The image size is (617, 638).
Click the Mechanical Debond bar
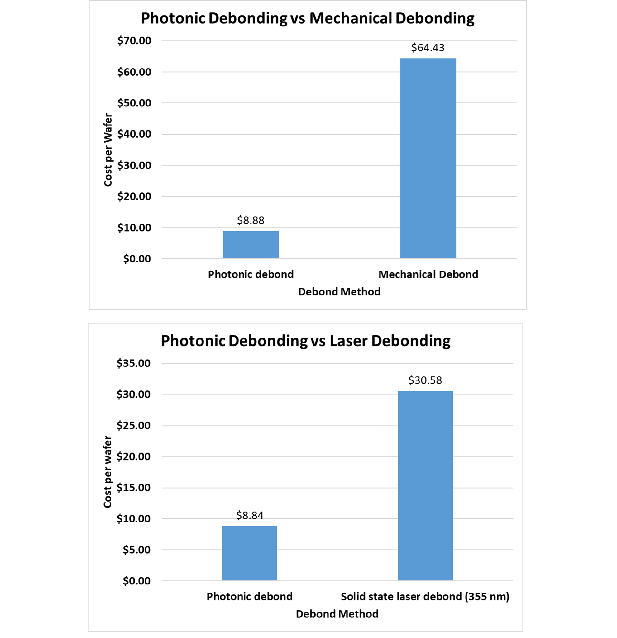tap(428, 158)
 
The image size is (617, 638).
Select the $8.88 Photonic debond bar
tap(251, 244)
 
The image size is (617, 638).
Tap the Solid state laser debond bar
tap(425, 486)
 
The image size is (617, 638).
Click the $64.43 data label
tap(428, 48)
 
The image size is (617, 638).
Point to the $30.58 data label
tap(425, 380)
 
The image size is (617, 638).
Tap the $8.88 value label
tap(251, 220)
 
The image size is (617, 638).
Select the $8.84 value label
tap(250, 515)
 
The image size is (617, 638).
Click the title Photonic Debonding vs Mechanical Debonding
tap(308, 18)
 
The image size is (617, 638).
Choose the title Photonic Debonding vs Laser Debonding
tap(306, 341)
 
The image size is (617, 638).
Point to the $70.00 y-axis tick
tap(134, 41)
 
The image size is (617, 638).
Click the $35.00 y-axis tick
tap(134, 363)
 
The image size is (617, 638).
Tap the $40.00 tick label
tap(134, 134)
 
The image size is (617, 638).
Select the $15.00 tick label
tap(134, 488)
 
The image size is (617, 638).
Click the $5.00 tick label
tap(136, 550)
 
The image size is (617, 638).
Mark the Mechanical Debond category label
tap(428, 274)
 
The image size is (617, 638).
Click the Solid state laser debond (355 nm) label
tap(425, 597)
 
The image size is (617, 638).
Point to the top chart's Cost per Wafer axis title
tap(108, 150)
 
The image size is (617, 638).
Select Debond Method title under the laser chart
tap(337, 614)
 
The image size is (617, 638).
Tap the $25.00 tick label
tap(134, 425)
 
